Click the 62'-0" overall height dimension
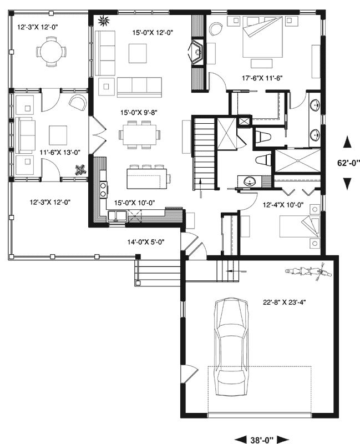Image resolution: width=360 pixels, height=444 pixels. point(347,163)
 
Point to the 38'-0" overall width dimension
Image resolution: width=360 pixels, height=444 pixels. point(262,440)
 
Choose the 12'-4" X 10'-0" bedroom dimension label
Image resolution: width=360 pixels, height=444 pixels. point(282,205)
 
